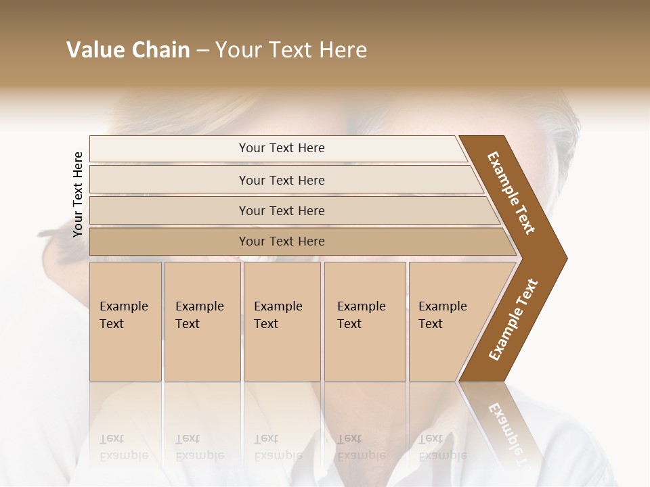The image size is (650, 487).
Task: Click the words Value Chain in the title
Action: [x=128, y=50]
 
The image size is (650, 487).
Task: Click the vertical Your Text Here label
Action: [x=78, y=194]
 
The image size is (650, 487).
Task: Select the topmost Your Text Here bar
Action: [x=281, y=148]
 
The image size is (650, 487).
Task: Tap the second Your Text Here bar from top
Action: [x=281, y=180]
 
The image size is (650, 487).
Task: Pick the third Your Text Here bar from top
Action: [x=281, y=211]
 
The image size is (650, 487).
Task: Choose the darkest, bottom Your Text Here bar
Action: [x=281, y=241]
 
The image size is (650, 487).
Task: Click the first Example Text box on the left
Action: [x=125, y=321]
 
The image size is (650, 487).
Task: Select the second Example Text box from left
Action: [x=202, y=321]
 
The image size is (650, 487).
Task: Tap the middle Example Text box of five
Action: [x=282, y=321]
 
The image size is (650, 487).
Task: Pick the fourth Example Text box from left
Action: [x=364, y=321]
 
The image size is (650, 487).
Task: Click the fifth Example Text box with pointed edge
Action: [x=447, y=321]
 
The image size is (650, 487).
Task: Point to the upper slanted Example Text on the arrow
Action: [x=512, y=193]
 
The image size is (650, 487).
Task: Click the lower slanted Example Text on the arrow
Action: [x=513, y=319]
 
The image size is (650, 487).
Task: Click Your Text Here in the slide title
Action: [x=291, y=50]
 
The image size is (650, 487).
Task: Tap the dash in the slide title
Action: [x=202, y=50]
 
